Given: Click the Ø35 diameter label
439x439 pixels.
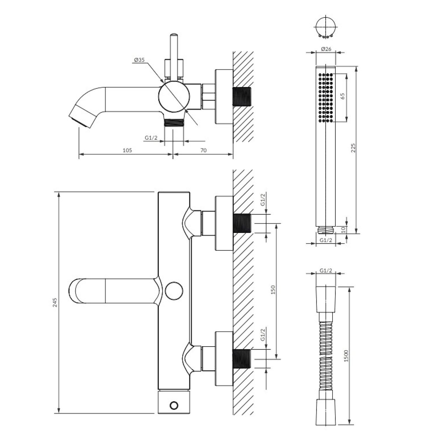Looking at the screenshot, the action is click(x=139, y=60).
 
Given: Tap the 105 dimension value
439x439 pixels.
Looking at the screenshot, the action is click(x=127, y=150).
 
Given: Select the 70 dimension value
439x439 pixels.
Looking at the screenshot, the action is click(x=203, y=150).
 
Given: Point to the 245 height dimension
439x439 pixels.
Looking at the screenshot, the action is click(x=55, y=302).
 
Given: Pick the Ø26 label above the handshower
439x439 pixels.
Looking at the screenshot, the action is click(x=326, y=49).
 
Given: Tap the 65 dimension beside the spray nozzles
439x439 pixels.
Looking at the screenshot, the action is click(x=342, y=96).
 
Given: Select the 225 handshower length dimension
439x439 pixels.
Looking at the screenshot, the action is click(x=353, y=148).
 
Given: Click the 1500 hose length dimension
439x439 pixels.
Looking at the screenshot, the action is click(x=346, y=356).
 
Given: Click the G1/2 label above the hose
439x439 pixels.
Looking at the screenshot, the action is click(x=326, y=271).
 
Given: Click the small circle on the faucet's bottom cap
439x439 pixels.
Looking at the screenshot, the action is click(x=174, y=405).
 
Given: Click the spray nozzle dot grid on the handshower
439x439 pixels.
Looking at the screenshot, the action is click(x=326, y=97).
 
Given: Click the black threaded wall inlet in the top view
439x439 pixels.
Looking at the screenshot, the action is click(x=242, y=97).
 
